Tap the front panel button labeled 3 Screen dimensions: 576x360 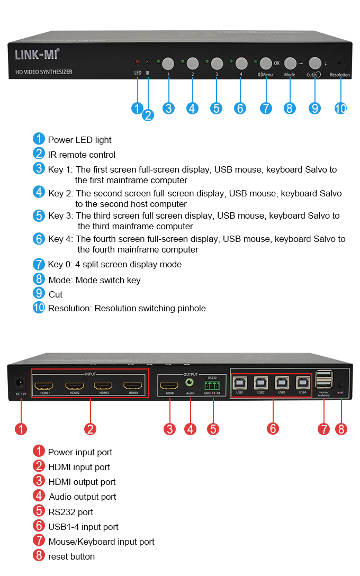[x=217, y=64]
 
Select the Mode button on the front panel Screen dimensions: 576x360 [x=290, y=64]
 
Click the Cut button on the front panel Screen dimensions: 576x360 [x=315, y=63]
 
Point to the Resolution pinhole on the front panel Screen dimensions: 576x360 [x=339, y=63]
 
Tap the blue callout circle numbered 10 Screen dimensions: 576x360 [x=340, y=109]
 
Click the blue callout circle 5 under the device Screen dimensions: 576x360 [x=216, y=108]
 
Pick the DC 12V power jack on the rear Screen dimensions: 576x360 [x=20, y=383]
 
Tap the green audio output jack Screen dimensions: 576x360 [x=190, y=382]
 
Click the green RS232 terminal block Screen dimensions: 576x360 [x=212, y=385]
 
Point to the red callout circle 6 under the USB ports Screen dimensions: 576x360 [x=273, y=428]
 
